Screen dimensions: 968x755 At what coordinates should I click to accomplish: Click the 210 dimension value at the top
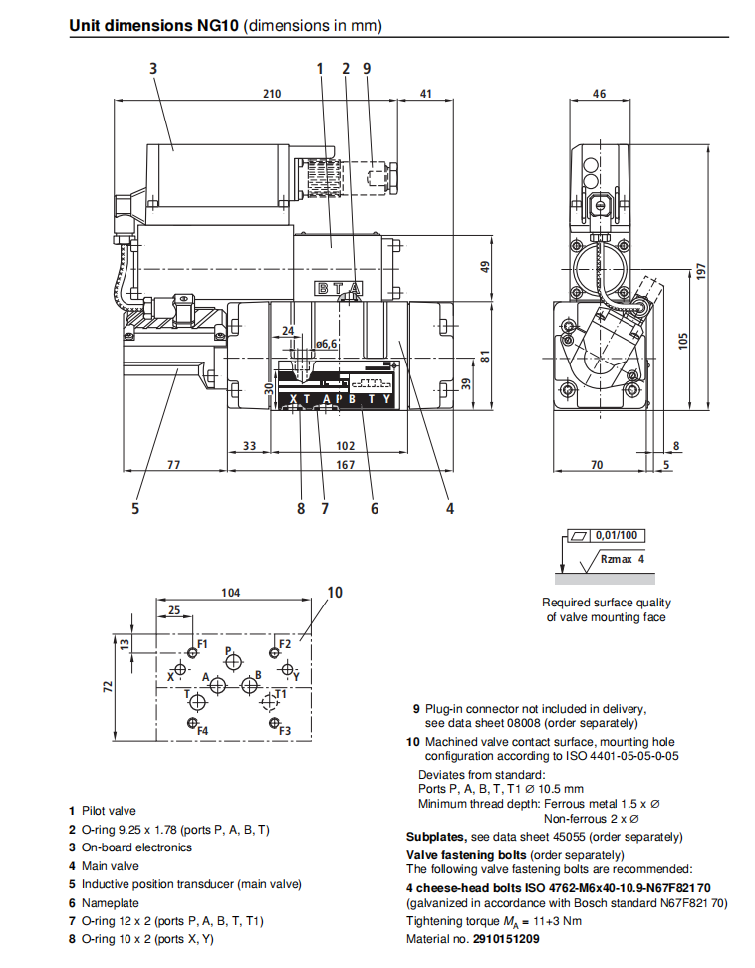(x=272, y=94)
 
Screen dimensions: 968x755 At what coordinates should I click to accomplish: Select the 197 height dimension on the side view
(x=700, y=271)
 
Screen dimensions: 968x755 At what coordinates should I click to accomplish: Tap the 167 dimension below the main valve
(x=346, y=464)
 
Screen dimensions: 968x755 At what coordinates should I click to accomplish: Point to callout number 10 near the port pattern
(x=335, y=592)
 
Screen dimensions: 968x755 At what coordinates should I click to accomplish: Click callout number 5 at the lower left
(x=135, y=508)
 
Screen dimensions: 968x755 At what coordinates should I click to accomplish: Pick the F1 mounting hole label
(x=202, y=644)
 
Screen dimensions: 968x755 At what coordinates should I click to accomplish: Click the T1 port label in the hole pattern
(x=281, y=693)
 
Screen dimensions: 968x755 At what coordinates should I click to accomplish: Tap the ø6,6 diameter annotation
(x=326, y=344)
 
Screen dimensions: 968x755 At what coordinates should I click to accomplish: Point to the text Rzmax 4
(x=623, y=559)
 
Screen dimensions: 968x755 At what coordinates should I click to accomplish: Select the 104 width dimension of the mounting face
(x=230, y=593)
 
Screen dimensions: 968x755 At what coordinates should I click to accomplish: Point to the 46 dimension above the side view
(x=599, y=94)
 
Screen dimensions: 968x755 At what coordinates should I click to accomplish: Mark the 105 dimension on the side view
(x=682, y=340)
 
